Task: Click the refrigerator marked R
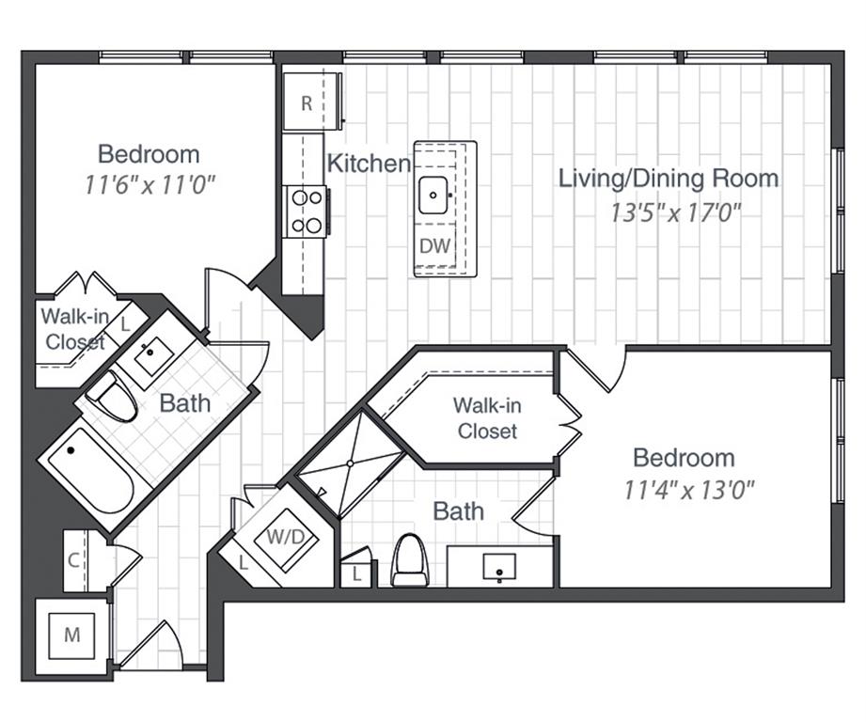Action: point(307,102)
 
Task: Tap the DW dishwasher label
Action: point(434,246)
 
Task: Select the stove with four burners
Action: point(307,212)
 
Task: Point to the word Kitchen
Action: point(369,163)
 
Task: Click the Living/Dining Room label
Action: point(669,178)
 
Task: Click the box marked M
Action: point(71,635)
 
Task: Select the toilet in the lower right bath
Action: point(409,559)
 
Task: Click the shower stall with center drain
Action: point(351,463)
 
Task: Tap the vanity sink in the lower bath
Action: point(498,566)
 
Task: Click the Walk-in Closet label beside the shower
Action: point(485,418)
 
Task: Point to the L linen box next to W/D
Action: point(243,563)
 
